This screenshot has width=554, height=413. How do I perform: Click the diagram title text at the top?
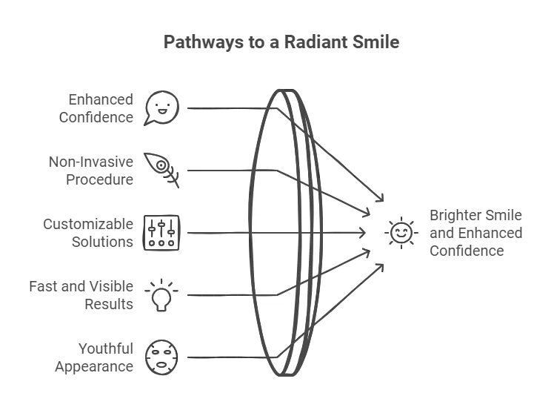pos(281,43)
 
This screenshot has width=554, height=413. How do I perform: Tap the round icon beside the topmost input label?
pos(162,106)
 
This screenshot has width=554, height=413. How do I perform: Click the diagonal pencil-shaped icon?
pos(162,169)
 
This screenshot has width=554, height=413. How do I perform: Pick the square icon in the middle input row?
pos(162,233)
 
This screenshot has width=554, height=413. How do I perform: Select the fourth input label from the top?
pos(84,294)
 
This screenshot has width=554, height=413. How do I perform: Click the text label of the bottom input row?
pos(96,356)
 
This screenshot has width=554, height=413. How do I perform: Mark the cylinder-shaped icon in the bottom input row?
pos(162,356)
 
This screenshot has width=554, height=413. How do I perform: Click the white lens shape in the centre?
pos(278,233)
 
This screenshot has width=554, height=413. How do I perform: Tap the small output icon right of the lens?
pos(398,233)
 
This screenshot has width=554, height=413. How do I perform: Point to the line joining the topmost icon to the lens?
pos(222,108)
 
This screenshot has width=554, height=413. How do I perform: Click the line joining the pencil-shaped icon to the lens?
pos(222,171)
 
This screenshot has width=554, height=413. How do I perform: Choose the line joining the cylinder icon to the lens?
pos(222,357)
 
